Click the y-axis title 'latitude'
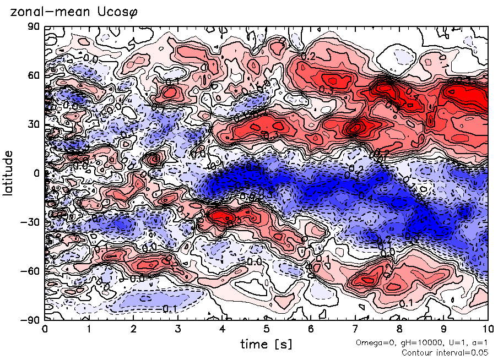[8, 173]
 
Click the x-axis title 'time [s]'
[266, 344]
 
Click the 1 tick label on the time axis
[89, 330]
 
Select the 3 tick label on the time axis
[177, 330]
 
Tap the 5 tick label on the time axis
[266, 330]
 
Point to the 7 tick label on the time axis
[355, 330]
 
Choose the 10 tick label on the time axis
[487, 330]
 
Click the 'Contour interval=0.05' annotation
[445, 352]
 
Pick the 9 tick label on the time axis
[443, 330]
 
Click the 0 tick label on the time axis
[45, 330]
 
